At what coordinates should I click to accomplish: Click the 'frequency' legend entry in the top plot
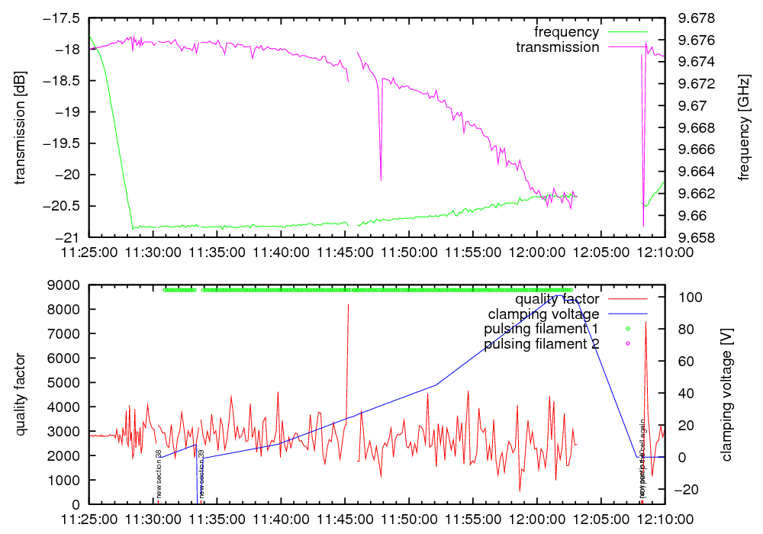[567, 32]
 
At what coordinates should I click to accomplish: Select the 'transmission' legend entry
[558, 47]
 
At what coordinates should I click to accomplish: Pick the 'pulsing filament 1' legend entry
[541, 329]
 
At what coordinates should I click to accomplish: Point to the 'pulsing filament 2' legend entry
[541, 344]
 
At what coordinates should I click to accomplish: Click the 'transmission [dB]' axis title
[20, 128]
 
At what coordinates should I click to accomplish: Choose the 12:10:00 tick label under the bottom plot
[664, 518]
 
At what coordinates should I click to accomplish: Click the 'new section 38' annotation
[159, 474]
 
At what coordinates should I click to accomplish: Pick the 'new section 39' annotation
[201, 474]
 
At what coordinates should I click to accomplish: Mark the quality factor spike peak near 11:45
[348, 304]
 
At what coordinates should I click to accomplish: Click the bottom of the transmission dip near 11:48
[381, 180]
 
